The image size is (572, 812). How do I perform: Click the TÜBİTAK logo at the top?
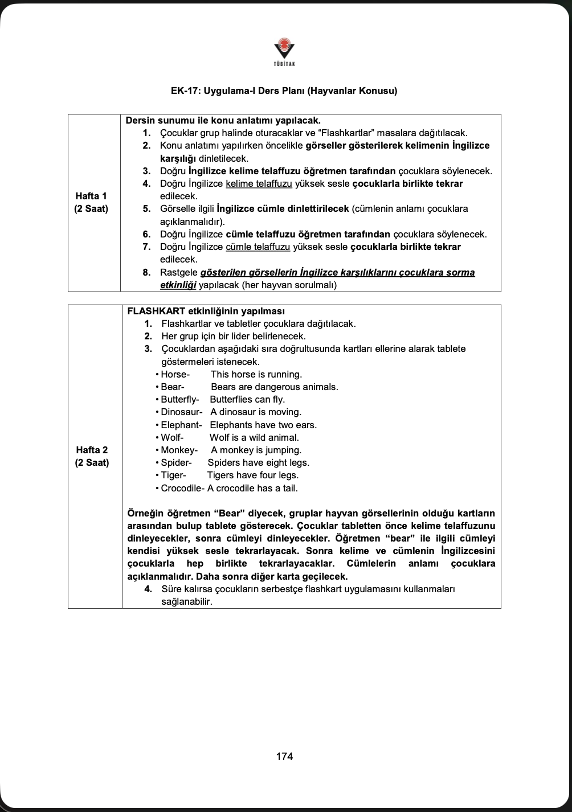[284, 52]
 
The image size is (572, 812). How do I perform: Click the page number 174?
[284, 757]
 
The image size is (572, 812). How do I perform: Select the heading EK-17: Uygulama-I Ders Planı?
[284, 91]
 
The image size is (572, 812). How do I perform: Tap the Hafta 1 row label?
[91, 202]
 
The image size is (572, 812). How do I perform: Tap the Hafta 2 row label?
[92, 456]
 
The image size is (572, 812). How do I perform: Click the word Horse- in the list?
[175, 375]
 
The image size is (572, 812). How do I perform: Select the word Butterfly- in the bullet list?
[179, 400]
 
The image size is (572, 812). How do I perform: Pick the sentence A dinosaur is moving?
[256, 412]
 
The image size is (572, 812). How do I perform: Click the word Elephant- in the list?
[181, 425]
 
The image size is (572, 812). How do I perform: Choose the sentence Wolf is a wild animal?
[254, 438]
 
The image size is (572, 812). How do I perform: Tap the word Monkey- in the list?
[179, 450]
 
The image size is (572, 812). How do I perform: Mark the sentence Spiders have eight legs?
[258, 463]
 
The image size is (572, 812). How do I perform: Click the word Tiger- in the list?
[173, 475]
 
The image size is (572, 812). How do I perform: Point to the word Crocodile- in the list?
[183, 489]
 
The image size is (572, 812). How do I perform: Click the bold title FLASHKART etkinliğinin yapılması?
[206, 311]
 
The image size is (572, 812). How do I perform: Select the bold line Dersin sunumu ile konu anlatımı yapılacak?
[223, 121]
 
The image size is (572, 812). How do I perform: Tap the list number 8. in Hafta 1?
[146, 273]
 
